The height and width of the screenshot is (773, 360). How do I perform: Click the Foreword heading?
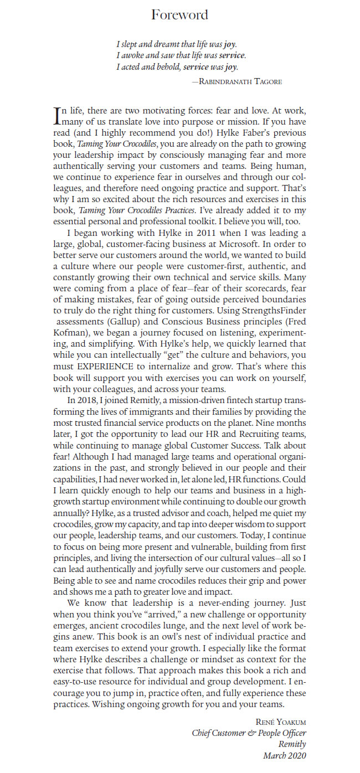[x=180, y=15]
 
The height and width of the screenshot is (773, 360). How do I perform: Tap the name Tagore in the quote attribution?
[x=266, y=81]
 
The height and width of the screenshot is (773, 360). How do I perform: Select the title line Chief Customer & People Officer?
[x=249, y=733]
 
